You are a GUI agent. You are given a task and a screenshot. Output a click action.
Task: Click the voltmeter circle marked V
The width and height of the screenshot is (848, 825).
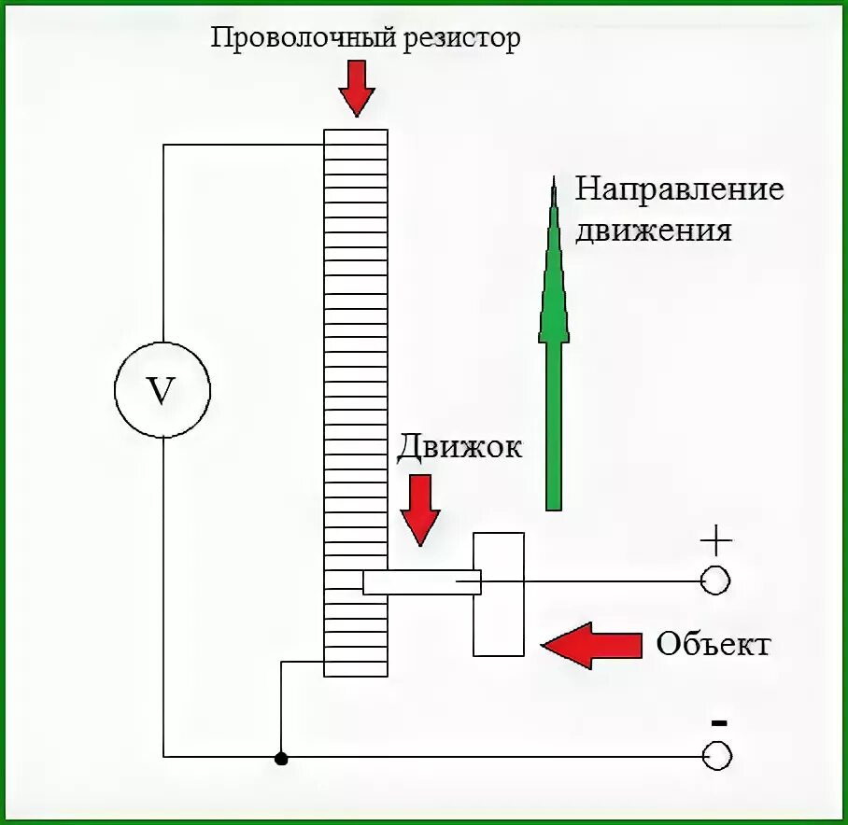(163, 391)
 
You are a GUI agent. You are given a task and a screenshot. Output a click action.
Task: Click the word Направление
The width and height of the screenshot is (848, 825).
(679, 190)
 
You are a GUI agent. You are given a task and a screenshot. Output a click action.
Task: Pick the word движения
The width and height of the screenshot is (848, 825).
(653, 231)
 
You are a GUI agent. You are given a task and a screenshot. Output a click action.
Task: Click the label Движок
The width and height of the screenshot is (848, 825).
(459, 446)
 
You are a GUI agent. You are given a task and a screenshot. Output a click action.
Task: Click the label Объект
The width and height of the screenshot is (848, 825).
(714, 644)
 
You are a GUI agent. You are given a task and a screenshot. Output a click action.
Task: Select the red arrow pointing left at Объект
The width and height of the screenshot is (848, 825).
(592, 644)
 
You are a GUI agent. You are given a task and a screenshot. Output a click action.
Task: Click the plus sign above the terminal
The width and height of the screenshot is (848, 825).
(715, 539)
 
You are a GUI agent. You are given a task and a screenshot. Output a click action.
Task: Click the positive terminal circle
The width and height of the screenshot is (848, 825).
(715, 580)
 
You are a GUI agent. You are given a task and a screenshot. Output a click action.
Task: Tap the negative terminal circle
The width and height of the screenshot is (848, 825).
(716, 756)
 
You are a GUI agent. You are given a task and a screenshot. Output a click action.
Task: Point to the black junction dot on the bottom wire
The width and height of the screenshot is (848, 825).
(281, 758)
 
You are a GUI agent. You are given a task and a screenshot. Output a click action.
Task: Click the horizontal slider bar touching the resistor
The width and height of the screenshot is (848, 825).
(420, 582)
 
